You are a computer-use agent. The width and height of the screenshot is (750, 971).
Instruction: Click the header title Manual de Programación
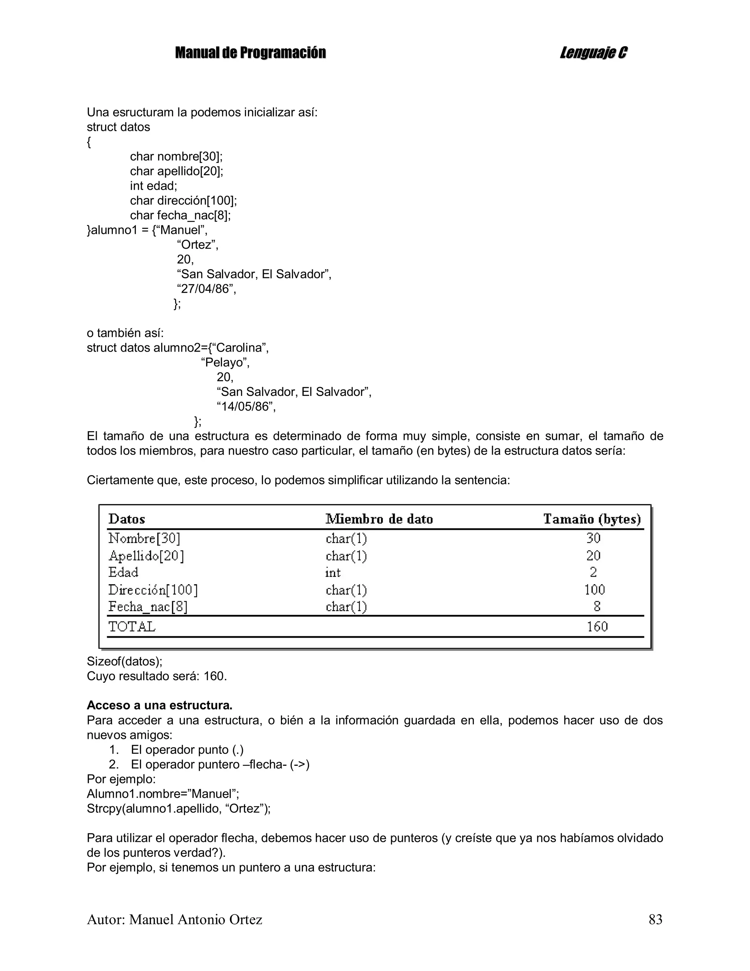[x=250, y=53]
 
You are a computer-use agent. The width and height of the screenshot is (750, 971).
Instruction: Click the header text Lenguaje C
[x=593, y=53]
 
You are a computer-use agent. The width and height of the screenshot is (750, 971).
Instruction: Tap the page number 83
[x=655, y=919]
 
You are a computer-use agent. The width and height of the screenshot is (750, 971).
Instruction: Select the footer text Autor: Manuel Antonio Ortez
[x=174, y=919]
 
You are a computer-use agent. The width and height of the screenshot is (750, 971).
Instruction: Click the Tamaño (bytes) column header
[x=592, y=519]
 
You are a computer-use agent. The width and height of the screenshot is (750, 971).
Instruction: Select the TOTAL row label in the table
[x=132, y=626]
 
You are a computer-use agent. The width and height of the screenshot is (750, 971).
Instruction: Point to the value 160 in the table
[x=597, y=626]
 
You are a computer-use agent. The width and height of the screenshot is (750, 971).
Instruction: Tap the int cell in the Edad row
[x=333, y=572]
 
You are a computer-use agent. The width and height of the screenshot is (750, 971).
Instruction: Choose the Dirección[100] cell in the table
[x=153, y=590]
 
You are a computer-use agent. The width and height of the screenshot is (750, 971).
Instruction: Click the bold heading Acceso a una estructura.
[x=160, y=705]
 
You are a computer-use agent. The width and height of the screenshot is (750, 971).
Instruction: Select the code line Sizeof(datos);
[x=125, y=661]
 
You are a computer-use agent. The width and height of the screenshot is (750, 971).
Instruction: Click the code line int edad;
[x=153, y=186]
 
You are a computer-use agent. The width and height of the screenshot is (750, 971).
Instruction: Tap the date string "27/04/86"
[x=206, y=289]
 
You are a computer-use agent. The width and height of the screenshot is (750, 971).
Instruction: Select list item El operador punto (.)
[x=187, y=750]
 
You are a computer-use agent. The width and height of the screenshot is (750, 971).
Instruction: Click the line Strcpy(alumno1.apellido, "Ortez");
[x=179, y=808]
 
